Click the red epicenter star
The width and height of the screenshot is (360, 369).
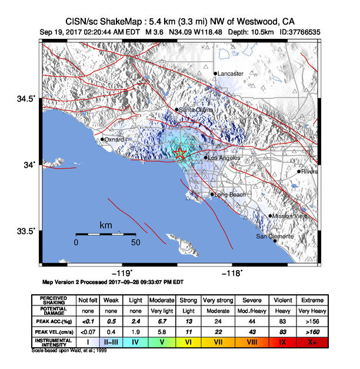coord(181,154)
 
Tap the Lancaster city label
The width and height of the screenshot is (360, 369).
coord(230,74)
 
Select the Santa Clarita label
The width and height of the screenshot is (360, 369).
coord(196,109)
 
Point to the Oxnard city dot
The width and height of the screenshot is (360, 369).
coord(102,139)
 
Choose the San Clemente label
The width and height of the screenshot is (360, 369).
coord(274,237)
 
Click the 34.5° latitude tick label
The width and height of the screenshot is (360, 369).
coord(26,99)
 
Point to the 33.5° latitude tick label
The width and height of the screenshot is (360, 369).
coord(26,231)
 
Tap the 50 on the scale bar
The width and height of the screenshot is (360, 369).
coord(135,242)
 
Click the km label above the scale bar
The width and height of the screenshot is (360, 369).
coord(106,225)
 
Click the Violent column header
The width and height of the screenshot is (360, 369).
coord(281,300)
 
